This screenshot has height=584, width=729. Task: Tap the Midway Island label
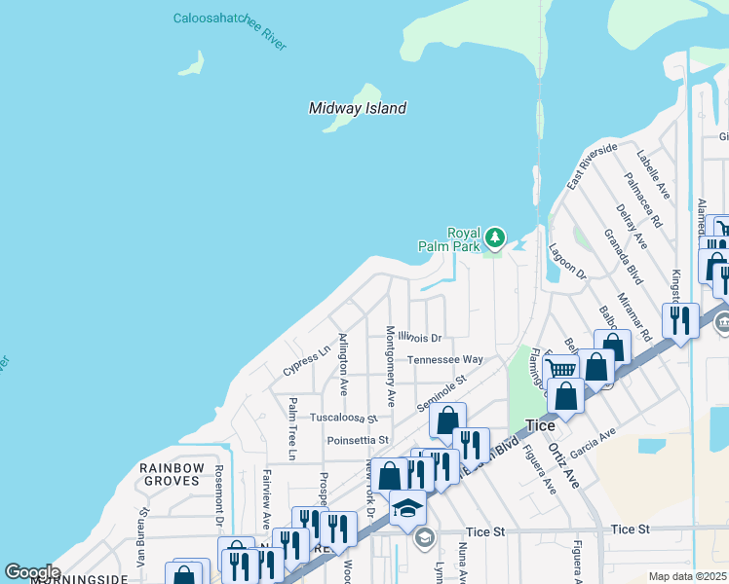(x=358, y=109)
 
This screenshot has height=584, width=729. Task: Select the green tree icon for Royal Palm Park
(x=495, y=237)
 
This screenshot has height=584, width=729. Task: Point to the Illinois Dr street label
(x=419, y=339)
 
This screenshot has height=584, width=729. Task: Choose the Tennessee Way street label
(x=444, y=359)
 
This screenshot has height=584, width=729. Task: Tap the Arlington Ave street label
(x=342, y=364)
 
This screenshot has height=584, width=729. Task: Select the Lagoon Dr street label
(x=567, y=263)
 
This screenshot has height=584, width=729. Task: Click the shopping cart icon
(x=560, y=368)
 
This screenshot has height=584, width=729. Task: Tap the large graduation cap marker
(x=407, y=508)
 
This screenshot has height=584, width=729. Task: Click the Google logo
(x=32, y=571)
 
